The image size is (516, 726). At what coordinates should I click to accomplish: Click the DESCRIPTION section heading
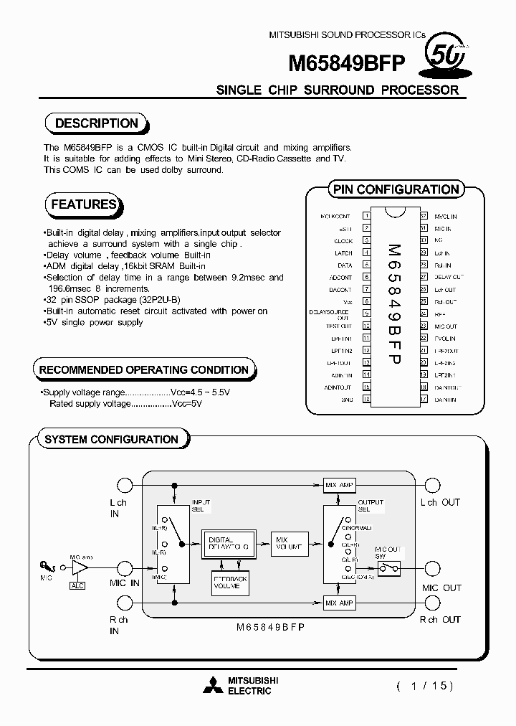tap(96, 123)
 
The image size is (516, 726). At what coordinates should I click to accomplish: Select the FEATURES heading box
tap(83, 204)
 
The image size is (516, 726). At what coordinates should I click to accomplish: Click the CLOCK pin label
tap(343, 241)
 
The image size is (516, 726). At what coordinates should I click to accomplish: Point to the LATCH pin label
tap(343, 253)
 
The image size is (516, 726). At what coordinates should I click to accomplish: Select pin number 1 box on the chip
tap(366, 216)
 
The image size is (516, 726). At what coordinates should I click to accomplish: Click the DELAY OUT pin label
tap(449, 277)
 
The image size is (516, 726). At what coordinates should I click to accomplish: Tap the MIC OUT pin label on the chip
tap(446, 326)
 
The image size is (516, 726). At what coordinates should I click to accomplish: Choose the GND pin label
tap(347, 400)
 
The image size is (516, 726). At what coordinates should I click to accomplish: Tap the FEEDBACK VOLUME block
tap(230, 583)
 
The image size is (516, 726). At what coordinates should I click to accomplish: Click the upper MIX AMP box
tap(339, 486)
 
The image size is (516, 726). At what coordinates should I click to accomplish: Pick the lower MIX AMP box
tap(339, 603)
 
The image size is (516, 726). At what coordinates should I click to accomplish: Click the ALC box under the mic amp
tap(77, 585)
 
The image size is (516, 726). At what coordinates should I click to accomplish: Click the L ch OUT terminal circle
tap(432, 485)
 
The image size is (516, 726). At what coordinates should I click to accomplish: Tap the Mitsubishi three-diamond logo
tap(213, 686)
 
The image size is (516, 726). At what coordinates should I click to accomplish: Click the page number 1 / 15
tap(425, 686)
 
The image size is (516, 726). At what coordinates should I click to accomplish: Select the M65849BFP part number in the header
tap(348, 65)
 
